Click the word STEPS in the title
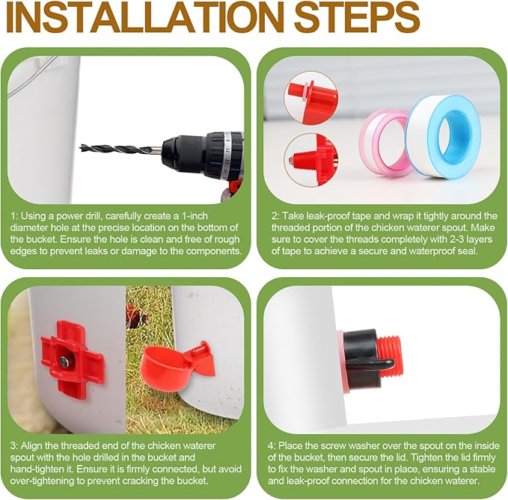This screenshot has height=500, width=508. [358, 17]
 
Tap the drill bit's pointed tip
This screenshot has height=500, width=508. [81, 148]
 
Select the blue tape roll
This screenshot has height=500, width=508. [443, 136]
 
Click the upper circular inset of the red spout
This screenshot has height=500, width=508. [310, 98]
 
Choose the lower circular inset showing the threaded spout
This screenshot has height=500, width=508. [310, 160]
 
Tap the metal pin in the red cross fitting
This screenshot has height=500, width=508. [64, 361]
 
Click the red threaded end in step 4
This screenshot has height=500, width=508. [391, 357]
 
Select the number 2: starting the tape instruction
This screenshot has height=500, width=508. [275, 216]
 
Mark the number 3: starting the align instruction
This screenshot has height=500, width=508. [14, 445]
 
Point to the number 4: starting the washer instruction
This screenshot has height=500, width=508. [272, 445]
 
